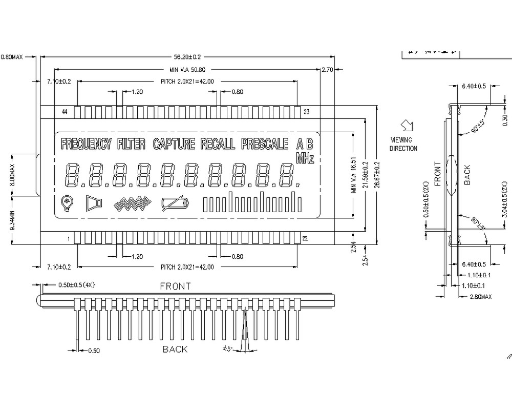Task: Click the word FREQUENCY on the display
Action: (x=86, y=144)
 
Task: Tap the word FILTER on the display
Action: (x=131, y=144)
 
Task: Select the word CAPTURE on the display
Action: (x=174, y=144)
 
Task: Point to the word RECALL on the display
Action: (x=218, y=144)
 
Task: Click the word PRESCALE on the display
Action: (x=265, y=144)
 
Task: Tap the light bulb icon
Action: (x=66, y=203)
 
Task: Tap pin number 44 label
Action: (x=65, y=111)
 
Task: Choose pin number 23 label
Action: (x=307, y=111)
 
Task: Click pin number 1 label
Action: (x=68, y=238)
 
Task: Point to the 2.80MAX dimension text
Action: (x=480, y=297)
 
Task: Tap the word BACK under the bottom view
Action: (x=175, y=350)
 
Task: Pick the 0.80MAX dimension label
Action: (x=12, y=57)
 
